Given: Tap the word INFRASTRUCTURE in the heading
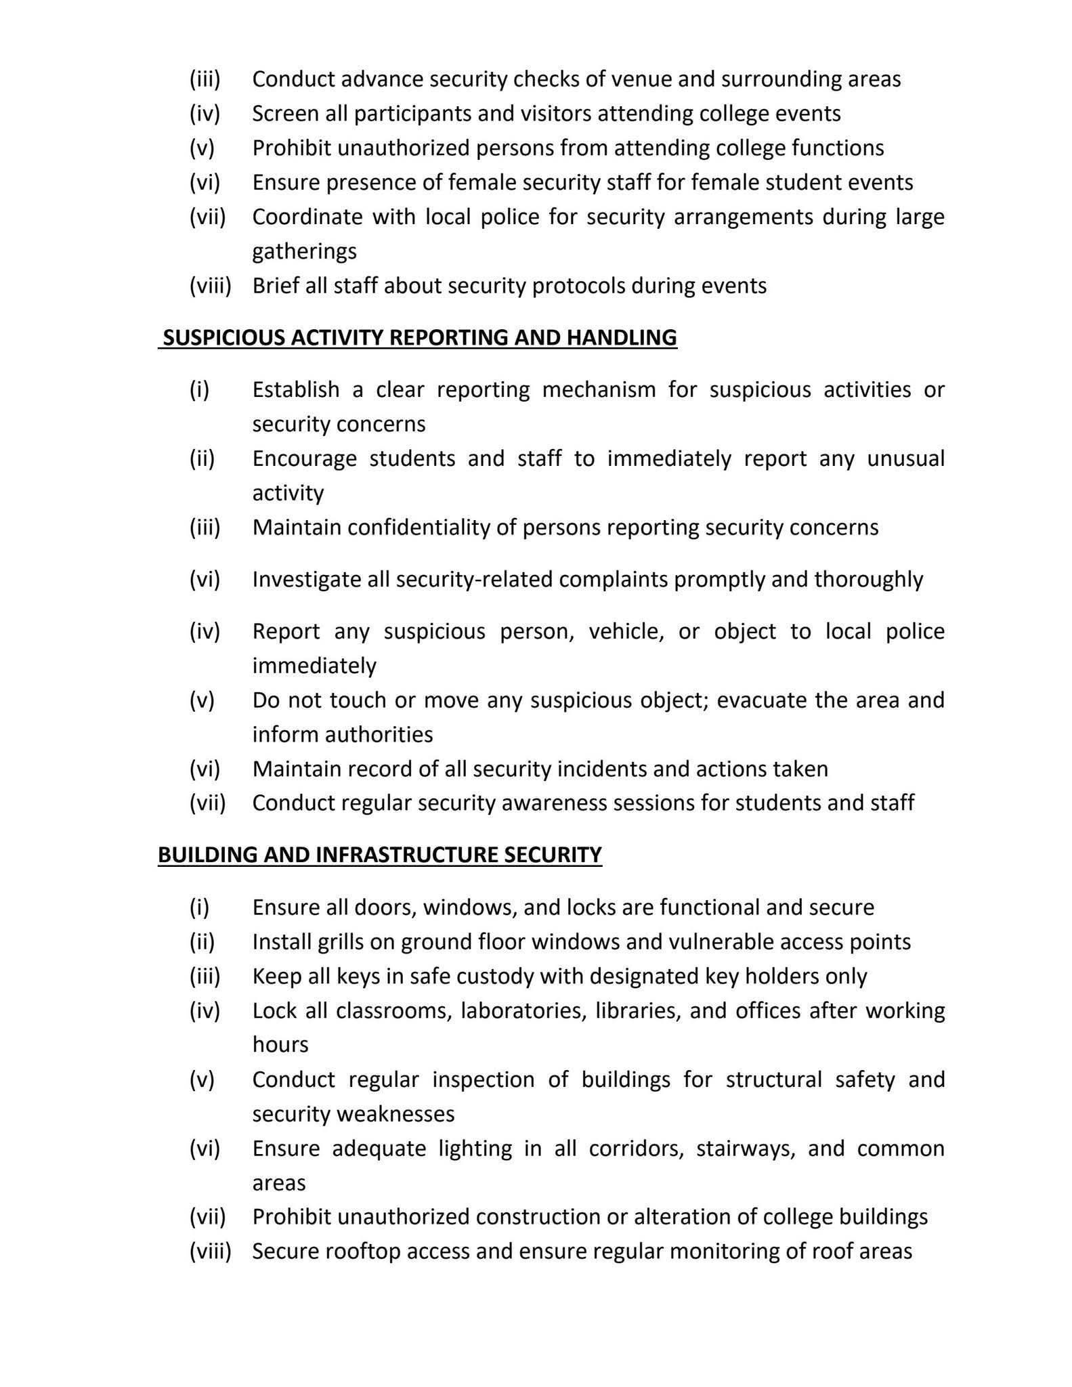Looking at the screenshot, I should coord(408,855).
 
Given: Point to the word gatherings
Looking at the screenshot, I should coord(304,252).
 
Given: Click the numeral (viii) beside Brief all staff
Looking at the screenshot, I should coord(210,286).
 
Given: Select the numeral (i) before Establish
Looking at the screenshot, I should coord(199,390).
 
